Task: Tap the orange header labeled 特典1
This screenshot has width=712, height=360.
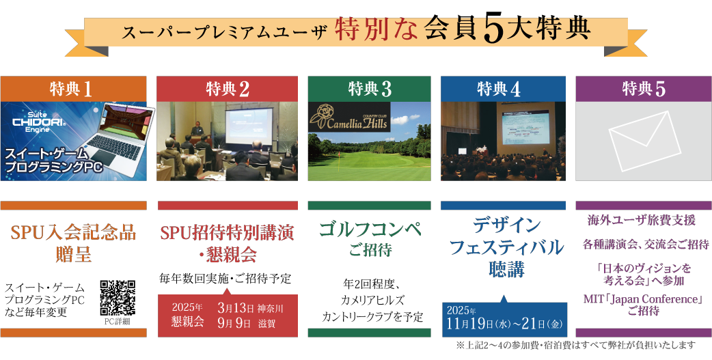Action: coord(74,89)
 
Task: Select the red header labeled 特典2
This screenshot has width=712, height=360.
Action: coord(228,89)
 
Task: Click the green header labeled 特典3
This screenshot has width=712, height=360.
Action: coord(369,89)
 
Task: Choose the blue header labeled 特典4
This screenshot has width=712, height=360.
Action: coord(503,89)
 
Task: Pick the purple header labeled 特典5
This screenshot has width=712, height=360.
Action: coord(644,89)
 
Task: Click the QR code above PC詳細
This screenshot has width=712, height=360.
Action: coord(118,298)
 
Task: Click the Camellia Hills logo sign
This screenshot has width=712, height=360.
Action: coord(348,117)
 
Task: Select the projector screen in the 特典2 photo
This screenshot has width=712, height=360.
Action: coord(249,126)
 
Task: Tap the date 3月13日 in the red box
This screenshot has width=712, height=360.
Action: coord(236,308)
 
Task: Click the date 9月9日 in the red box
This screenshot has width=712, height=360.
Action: coord(234,323)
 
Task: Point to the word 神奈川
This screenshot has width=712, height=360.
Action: coord(270,309)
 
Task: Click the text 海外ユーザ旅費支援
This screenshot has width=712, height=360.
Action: coord(642,221)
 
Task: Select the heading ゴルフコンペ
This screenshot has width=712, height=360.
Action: coord(370,230)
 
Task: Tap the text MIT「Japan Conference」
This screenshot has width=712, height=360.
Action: coord(644,299)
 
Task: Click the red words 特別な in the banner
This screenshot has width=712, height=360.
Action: coord(376,31)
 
